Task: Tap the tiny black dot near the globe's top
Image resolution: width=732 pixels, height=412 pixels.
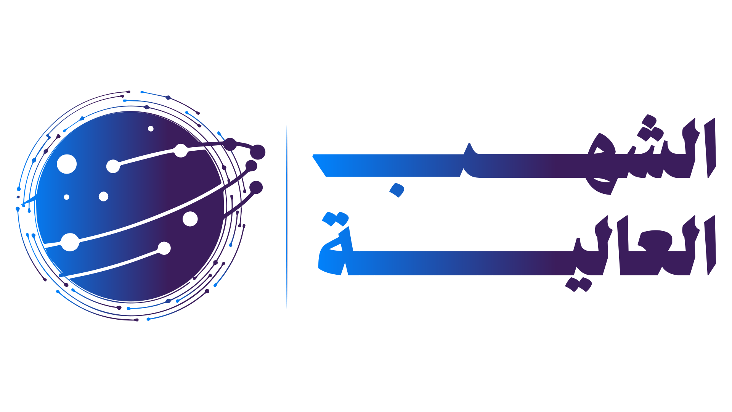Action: [x=151, y=129]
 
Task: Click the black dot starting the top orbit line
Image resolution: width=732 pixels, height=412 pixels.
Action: [x=113, y=166]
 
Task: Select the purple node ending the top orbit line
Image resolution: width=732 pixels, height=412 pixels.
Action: [x=258, y=152]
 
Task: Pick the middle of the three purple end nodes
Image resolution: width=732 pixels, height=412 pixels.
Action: [x=251, y=166]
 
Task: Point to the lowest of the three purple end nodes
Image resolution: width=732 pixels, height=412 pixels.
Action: [x=256, y=188]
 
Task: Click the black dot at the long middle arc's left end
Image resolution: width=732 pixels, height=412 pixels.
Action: [x=70, y=242]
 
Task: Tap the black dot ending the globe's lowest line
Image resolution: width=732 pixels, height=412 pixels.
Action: [x=164, y=248]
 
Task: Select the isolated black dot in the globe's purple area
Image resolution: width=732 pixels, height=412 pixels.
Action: [x=190, y=219]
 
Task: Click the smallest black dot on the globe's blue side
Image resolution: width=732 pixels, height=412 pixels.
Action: [x=66, y=197]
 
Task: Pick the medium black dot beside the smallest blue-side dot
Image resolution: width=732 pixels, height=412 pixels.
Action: [x=103, y=196]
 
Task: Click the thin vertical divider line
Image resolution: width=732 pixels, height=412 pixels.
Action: [x=287, y=217]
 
